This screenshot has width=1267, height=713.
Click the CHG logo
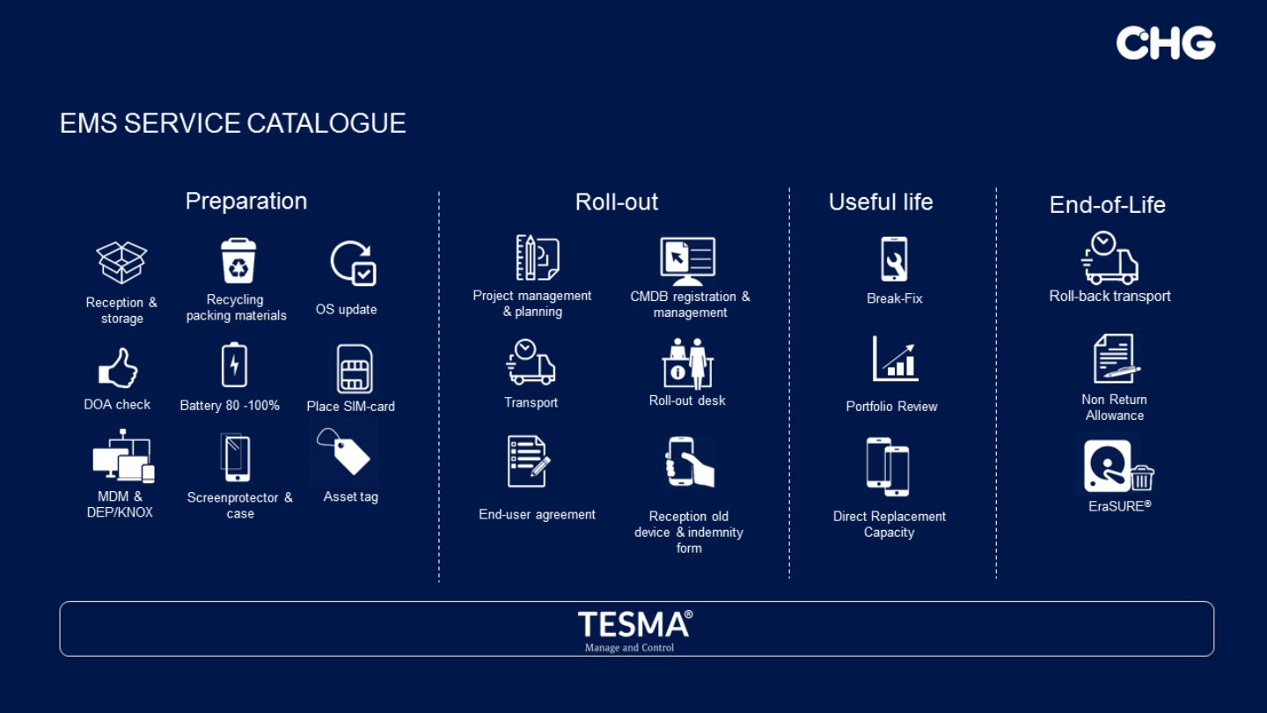(1165, 43)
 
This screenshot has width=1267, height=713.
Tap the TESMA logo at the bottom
(634, 630)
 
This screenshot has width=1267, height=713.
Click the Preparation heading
(246, 202)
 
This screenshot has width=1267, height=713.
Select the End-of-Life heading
(1108, 205)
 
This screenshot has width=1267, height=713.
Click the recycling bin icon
(238, 261)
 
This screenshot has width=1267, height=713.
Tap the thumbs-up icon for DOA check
(118, 368)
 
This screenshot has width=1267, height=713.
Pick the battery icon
(234, 365)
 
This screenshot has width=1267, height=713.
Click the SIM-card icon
(354, 369)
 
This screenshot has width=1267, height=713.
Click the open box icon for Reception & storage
(121, 262)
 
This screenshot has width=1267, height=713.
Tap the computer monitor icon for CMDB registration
(687, 261)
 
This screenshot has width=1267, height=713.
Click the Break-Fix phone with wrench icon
(894, 259)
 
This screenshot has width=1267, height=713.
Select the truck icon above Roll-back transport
(1110, 258)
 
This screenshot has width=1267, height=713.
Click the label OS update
(346, 310)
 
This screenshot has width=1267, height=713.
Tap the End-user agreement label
(537, 514)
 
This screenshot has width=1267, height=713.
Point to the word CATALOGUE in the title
(326, 123)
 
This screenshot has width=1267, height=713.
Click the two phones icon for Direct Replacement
(888, 467)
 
